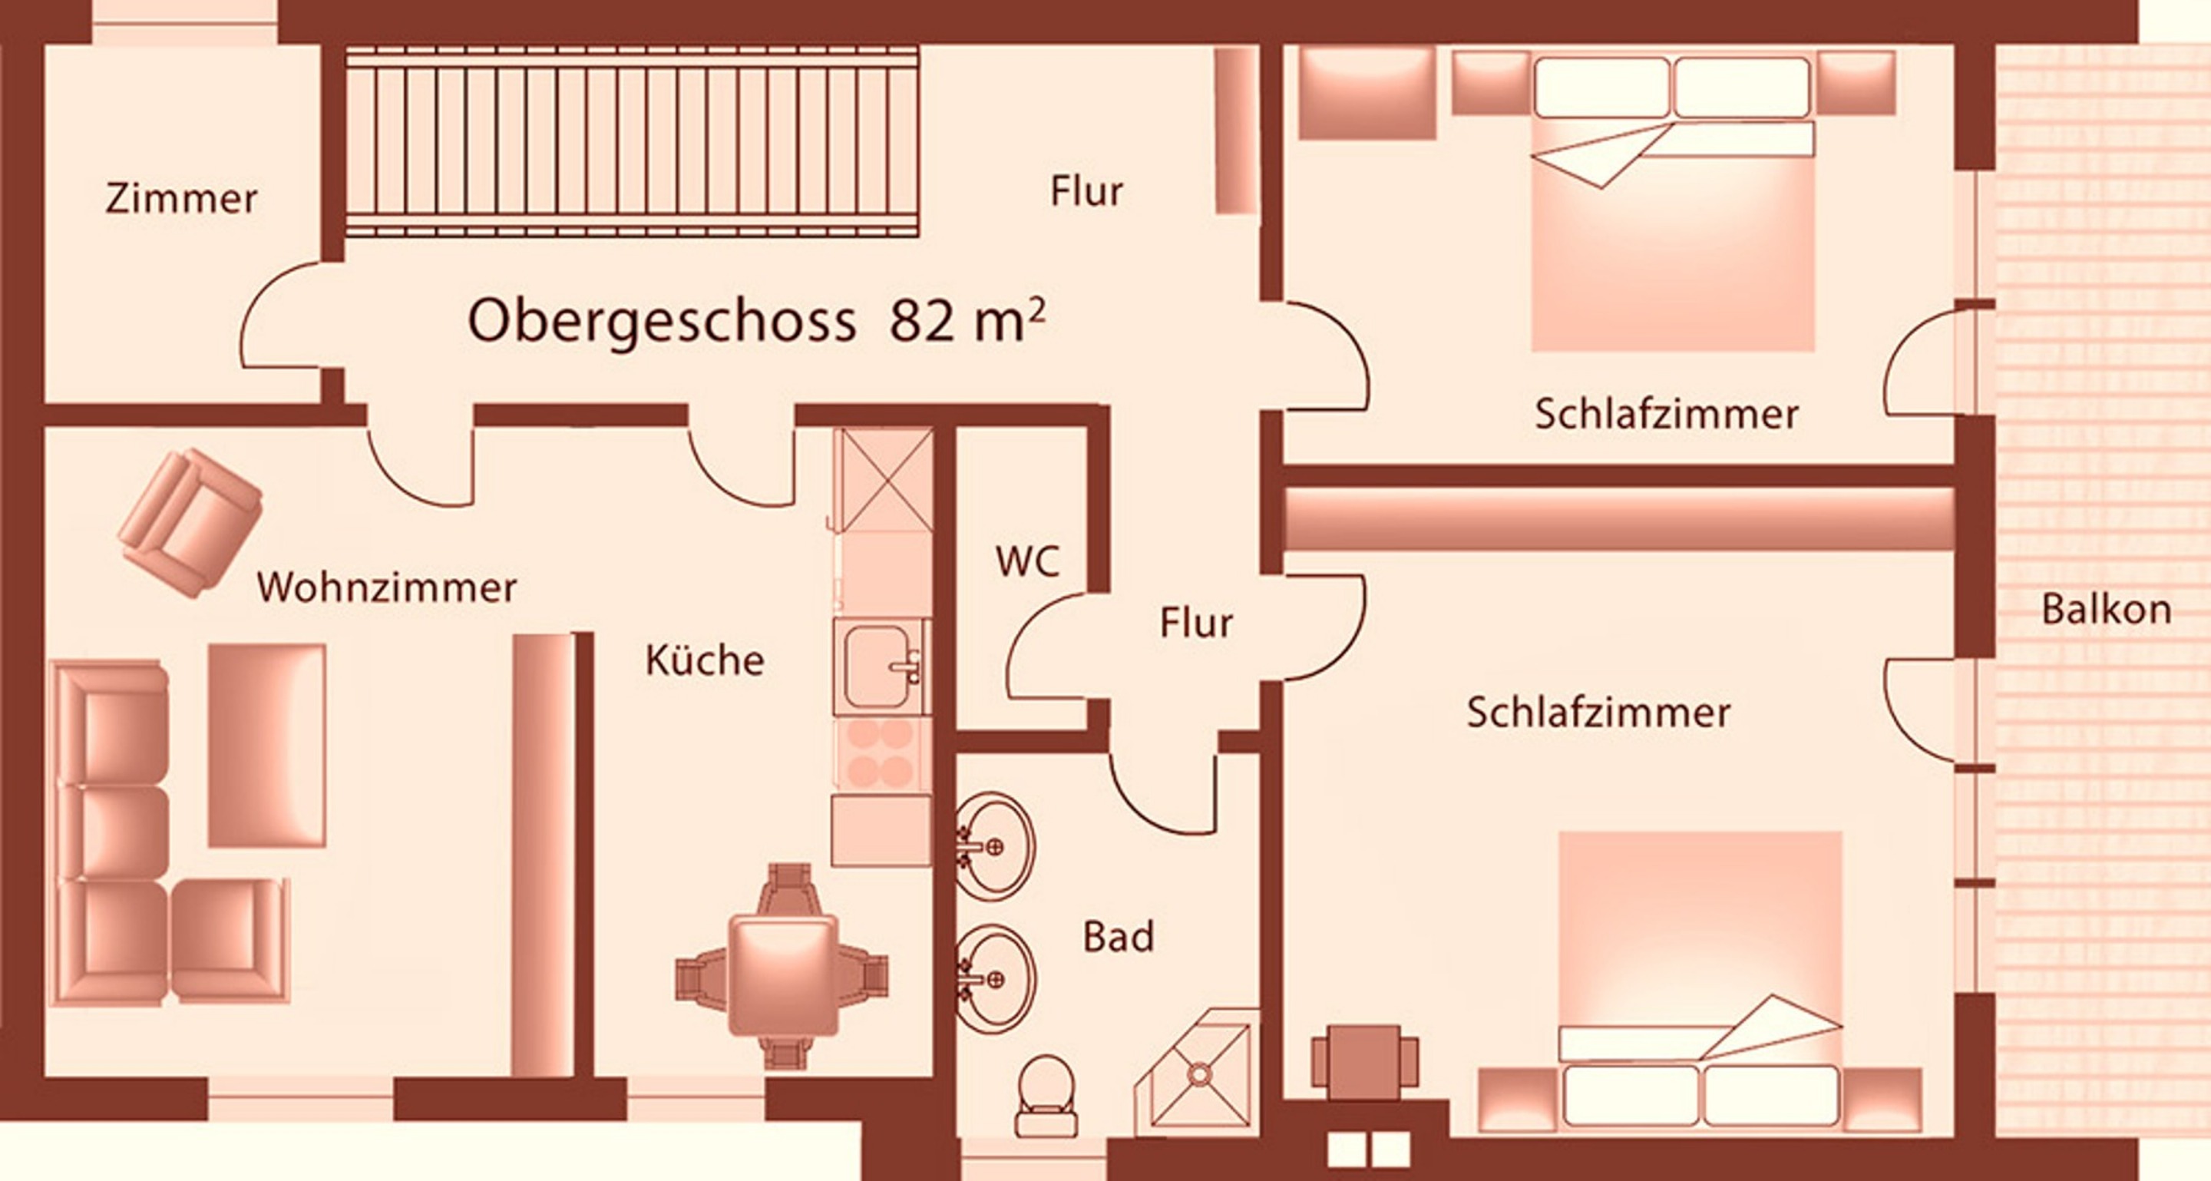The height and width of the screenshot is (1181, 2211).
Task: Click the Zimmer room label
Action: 181,199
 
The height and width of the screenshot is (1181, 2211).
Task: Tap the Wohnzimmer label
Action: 387,588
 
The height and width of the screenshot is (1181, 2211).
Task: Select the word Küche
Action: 705,660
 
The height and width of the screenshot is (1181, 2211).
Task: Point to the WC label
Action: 1027,561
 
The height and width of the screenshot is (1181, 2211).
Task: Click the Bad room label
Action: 1119,936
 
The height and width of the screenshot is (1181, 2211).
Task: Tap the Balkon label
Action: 2107,610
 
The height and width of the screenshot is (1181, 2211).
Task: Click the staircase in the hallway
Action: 632,141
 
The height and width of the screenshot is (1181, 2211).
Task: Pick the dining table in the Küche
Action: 783,974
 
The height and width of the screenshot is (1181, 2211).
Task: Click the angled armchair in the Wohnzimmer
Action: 190,523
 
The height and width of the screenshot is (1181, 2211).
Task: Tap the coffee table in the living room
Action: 267,746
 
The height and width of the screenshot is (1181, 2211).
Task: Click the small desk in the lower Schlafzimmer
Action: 1365,1062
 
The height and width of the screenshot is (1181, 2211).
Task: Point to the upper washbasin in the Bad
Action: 995,846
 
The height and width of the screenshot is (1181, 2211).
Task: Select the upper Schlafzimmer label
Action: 1667,415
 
